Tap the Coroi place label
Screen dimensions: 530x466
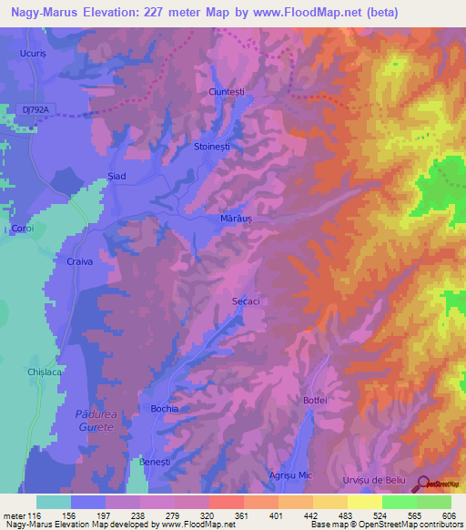(22, 229)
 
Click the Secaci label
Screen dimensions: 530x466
(247, 300)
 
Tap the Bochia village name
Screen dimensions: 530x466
(165, 409)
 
